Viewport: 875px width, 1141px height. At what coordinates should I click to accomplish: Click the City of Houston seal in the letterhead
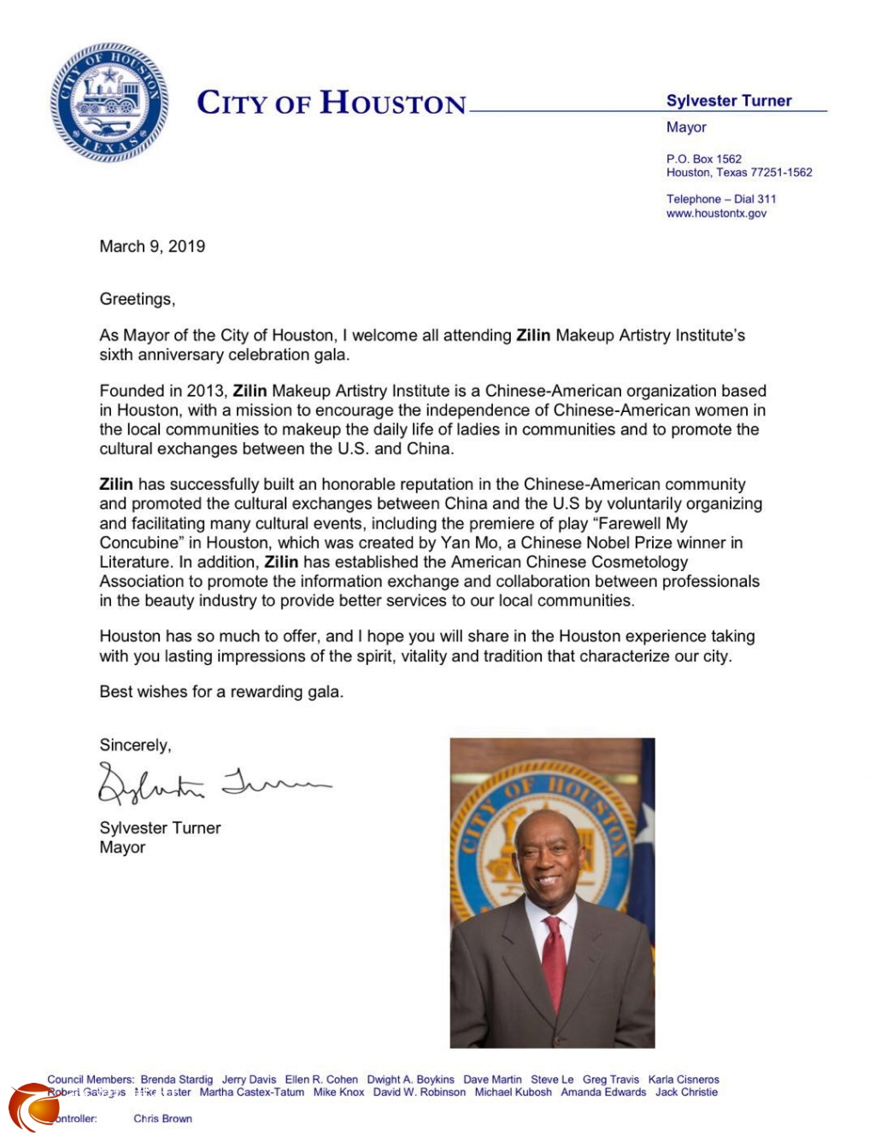point(109,103)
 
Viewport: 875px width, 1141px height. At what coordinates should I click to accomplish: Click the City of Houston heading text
point(332,103)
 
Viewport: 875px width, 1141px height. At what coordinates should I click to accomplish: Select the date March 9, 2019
point(152,247)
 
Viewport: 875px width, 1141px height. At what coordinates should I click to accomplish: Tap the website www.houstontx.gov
point(716,214)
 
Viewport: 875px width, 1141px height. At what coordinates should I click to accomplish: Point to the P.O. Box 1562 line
point(704,159)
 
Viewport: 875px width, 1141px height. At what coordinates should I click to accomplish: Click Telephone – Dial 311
point(721,199)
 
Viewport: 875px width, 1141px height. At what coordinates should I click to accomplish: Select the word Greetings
point(137,299)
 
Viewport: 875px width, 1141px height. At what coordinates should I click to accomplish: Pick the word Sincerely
point(135,745)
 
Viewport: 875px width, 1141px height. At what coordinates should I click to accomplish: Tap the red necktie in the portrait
point(554,962)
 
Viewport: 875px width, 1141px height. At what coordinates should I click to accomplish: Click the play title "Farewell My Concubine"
point(393,532)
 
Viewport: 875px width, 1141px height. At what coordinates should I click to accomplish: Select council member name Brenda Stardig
point(177,1079)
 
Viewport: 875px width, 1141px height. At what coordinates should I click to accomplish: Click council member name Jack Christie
point(686,1092)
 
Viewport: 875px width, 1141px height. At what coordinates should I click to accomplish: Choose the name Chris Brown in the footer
point(162,1119)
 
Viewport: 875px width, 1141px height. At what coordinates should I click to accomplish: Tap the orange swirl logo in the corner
point(34,1108)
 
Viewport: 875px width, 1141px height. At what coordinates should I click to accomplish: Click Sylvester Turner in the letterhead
point(729,101)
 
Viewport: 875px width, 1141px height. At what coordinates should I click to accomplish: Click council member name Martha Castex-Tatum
point(251,1092)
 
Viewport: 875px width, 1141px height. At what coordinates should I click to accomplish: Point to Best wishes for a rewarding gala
point(221,692)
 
